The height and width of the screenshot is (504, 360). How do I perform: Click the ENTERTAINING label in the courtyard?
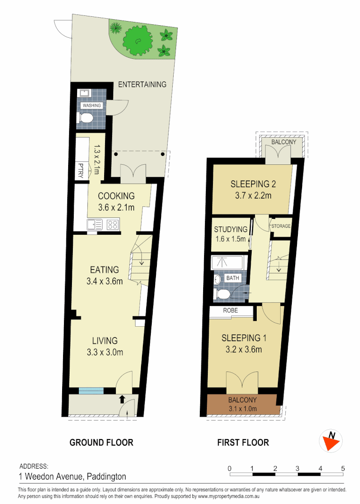tap(142, 84)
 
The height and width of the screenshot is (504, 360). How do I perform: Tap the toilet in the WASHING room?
tap(86, 119)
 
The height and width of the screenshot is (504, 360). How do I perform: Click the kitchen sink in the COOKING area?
tap(95, 224)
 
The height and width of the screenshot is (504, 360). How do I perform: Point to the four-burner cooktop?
tap(113, 224)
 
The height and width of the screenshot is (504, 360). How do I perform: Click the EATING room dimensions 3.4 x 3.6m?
tap(105, 281)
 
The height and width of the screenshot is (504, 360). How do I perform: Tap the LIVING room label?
tap(105, 341)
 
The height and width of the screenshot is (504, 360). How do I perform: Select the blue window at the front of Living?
tap(91, 391)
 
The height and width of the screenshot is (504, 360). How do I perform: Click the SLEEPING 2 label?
tap(250, 184)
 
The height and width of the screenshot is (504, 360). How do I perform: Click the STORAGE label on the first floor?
tap(282, 226)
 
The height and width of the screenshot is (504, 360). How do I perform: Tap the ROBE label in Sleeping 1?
tap(231, 309)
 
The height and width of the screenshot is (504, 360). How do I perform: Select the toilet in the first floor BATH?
tap(223, 294)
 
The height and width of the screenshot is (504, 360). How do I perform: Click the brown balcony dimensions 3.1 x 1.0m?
tap(242, 409)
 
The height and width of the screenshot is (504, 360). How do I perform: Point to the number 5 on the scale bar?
tap(343, 468)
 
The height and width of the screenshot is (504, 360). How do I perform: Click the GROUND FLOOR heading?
tap(101, 442)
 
